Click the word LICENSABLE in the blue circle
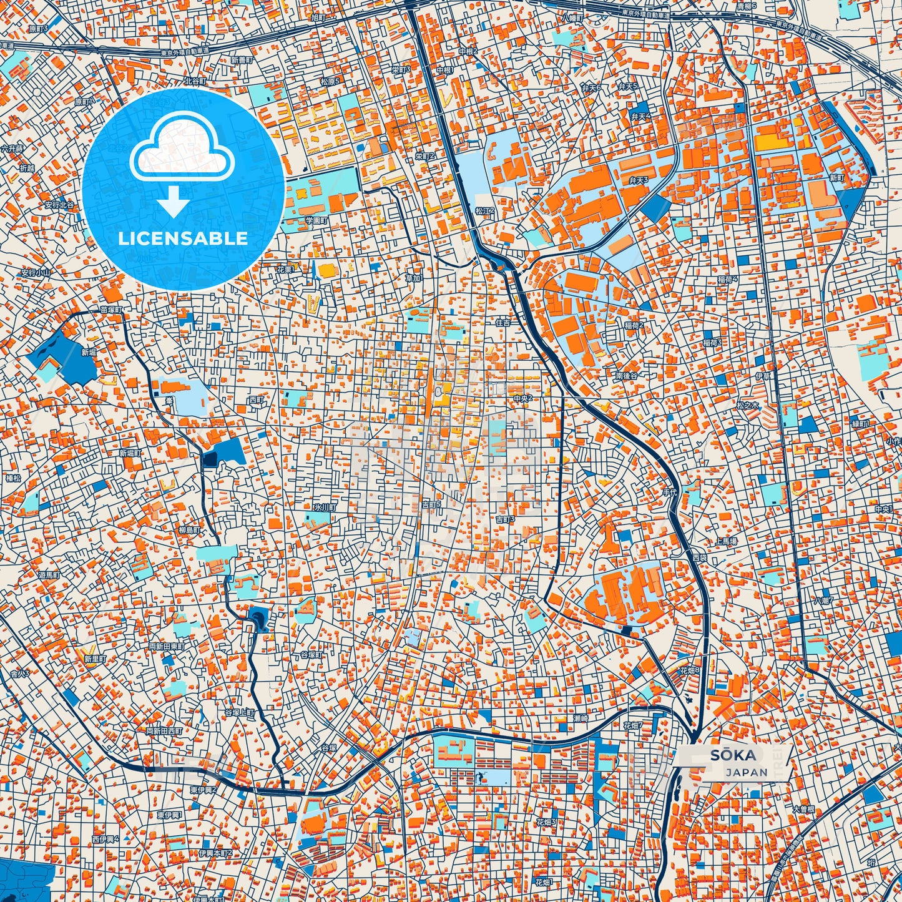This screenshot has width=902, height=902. pos(182,238)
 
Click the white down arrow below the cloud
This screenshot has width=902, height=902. pos(174,202)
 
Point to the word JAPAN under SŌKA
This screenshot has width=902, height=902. pos(747,772)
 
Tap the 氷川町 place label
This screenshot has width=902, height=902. pos(325,508)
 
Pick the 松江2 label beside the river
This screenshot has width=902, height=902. pos(484,211)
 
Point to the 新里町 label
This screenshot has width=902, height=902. pos(96,659)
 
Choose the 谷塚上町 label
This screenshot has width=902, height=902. pos(240,712)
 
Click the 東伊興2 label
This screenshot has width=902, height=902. pos(203,790)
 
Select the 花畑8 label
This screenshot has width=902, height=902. pos(689,670)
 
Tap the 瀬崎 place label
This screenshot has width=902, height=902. pos(581,718)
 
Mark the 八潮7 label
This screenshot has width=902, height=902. pos(823,601)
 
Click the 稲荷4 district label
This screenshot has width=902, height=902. pos(728,278)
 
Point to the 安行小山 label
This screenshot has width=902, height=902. pos(36,273)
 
